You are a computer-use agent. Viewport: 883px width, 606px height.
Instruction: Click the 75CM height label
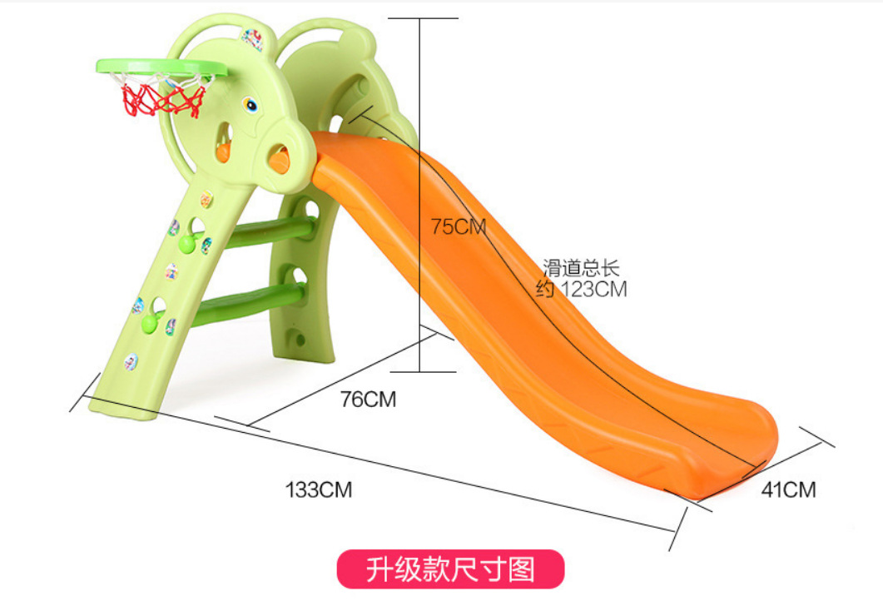click(458, 226)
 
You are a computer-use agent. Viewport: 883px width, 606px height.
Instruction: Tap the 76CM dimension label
click(368, 400)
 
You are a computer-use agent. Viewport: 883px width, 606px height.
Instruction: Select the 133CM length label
click(319, 489)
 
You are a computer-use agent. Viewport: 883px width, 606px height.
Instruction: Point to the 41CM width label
click(788, 489)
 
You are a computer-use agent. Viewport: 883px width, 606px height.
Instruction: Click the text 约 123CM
click(582, 290)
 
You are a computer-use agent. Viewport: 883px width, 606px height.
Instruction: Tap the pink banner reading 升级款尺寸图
click(450, 570)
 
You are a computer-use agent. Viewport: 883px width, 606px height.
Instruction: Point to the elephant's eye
click(250, 106)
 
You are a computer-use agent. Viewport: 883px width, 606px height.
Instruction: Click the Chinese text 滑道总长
click(582, 268)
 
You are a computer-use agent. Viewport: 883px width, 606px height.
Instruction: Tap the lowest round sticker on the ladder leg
click(131, 361)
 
